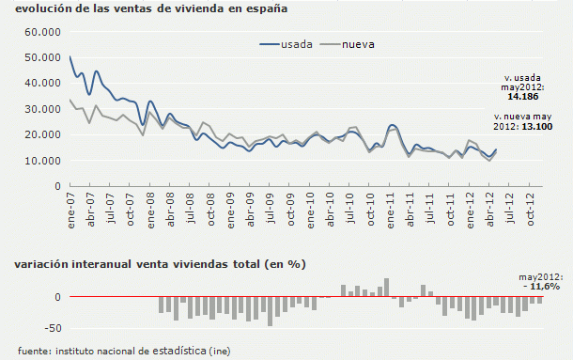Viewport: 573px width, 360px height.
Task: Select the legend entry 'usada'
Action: pos(298,44)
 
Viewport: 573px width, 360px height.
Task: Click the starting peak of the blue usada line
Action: pos(71,57)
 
